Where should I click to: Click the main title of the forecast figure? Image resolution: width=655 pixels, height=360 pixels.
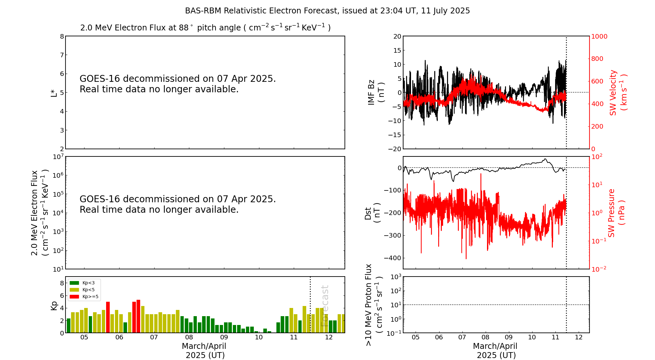point(327,11)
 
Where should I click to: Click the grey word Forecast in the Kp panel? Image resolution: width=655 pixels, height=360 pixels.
point(325,306)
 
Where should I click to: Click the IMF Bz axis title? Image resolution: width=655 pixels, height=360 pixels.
point(376,92)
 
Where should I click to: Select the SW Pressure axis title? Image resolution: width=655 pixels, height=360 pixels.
point(616,213)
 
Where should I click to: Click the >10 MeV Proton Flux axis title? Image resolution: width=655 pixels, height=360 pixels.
point(374,305)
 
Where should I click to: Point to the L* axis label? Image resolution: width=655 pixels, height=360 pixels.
point(54,93)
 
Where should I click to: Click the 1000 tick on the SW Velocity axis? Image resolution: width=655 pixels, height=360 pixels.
point(599,36)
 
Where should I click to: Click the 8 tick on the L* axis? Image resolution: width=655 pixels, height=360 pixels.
point(62,36)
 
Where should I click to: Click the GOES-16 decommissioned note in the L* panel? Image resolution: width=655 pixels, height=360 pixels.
point(178,84)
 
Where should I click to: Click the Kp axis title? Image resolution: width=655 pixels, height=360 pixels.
point(54,305)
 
